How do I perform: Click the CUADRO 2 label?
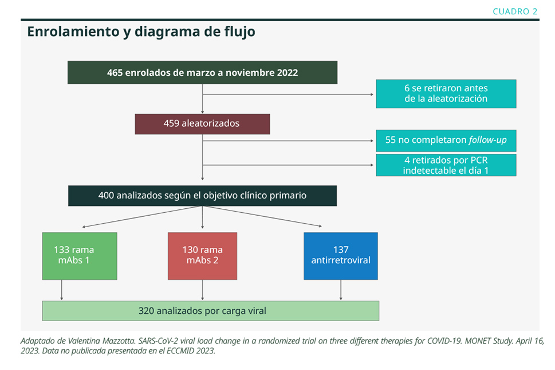515,11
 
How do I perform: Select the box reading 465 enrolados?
202,72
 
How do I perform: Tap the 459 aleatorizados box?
202,124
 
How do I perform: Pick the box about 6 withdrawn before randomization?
446,94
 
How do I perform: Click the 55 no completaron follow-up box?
446,141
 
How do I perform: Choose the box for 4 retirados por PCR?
446,165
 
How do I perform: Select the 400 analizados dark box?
202,196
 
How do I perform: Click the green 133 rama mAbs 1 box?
80,256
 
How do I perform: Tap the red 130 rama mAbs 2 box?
202,256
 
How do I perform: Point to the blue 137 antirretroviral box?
341,256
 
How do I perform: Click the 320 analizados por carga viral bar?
211,311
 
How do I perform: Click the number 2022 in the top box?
288,73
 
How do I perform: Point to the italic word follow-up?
488,140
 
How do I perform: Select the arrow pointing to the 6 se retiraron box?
288,95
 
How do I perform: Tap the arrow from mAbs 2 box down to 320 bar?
202,290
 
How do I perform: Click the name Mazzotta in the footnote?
119,341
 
